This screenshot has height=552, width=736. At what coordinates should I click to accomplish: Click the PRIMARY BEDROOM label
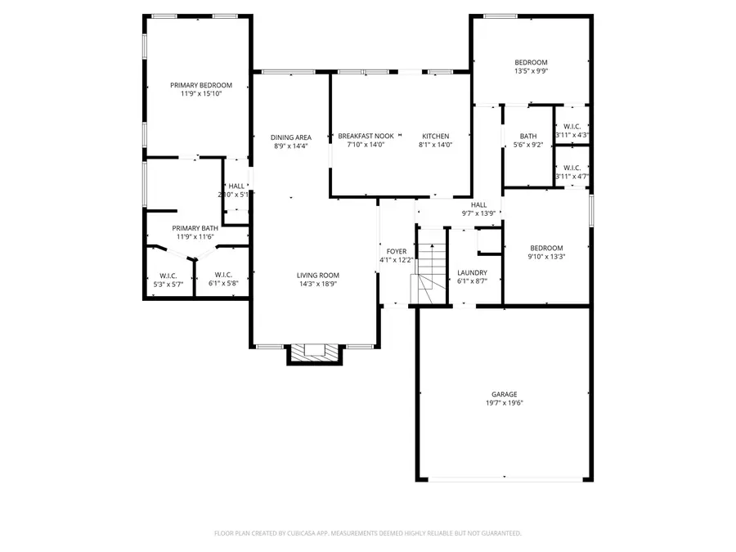pyautogui.click(x=200, y=85)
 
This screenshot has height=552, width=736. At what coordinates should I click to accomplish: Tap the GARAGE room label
pyautogui.click(x=504, y=394)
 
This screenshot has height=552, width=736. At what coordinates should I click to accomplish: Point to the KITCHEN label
pyautogui.click(x=435, y=136)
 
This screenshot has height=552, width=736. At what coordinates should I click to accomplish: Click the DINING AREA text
pyautogui.click(x=291, y=137)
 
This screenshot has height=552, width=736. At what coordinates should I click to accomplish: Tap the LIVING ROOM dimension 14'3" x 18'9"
pyautogui.click(x=317, y=285)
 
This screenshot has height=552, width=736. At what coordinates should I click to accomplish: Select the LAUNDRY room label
pyautogui.click(x=472, y=272)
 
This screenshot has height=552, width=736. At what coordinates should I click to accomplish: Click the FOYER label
pyautogui.click(x=397, y=251)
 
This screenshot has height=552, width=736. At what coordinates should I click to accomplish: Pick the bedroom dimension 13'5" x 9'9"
pyautogui.click(x=531, y=71)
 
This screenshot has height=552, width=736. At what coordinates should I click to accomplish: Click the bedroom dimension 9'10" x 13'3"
pyautogui.click(x=545, y=257)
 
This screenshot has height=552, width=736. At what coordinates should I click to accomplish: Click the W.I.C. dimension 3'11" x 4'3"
pyautogui.click(x=572, y=135)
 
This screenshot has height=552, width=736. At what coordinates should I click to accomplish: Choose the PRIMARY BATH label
pyautogui.click(x=195, y=228)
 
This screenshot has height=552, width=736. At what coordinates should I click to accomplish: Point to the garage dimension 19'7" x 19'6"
pyautogui.click(x=504, y=403)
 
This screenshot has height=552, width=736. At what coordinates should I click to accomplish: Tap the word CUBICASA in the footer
pyautogui.click(x=310, y=533)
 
